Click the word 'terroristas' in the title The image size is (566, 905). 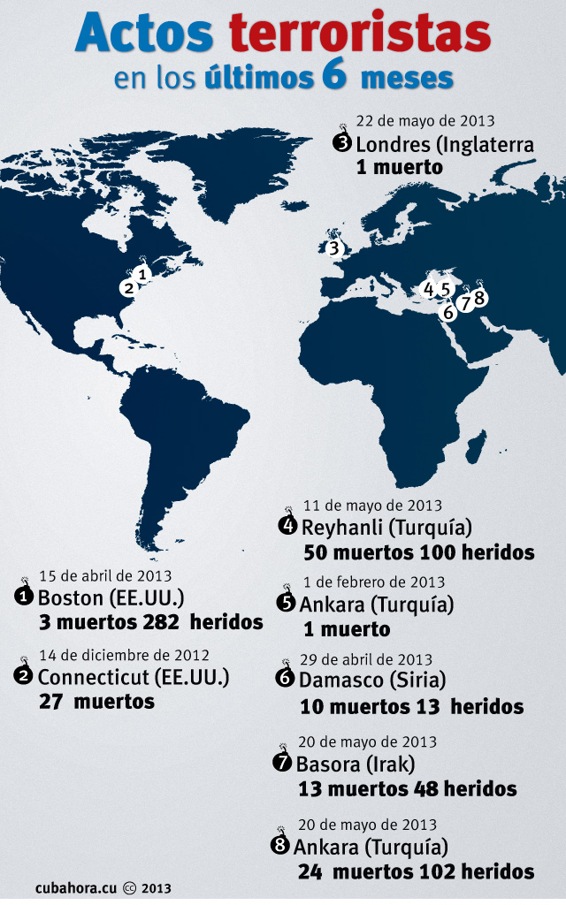tap(360, 34)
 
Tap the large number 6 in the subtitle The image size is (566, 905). tap(333, 77)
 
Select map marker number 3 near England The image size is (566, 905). tap(333, 248)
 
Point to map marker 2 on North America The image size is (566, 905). tap(128, 287)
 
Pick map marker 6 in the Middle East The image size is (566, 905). tap(448, 311)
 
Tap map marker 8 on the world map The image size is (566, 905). tap(479, 298)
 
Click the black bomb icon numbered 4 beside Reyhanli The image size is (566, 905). tap(287, 526)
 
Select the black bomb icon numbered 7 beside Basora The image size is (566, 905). tap(283, 762)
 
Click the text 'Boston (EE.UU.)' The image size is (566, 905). tap(111, 597)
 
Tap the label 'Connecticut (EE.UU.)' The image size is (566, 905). tap(134, 677)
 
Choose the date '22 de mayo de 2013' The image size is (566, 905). tap(424, 121)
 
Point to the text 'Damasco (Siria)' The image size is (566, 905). tap(372, 681)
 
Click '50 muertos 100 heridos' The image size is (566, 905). tap(418, 552)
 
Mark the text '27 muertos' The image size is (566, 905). tap(96, 701)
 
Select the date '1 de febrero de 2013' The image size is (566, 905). tap(374, 582)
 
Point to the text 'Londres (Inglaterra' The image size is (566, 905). tap(445, 143)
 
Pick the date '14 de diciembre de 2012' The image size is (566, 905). tap(124, 655)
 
